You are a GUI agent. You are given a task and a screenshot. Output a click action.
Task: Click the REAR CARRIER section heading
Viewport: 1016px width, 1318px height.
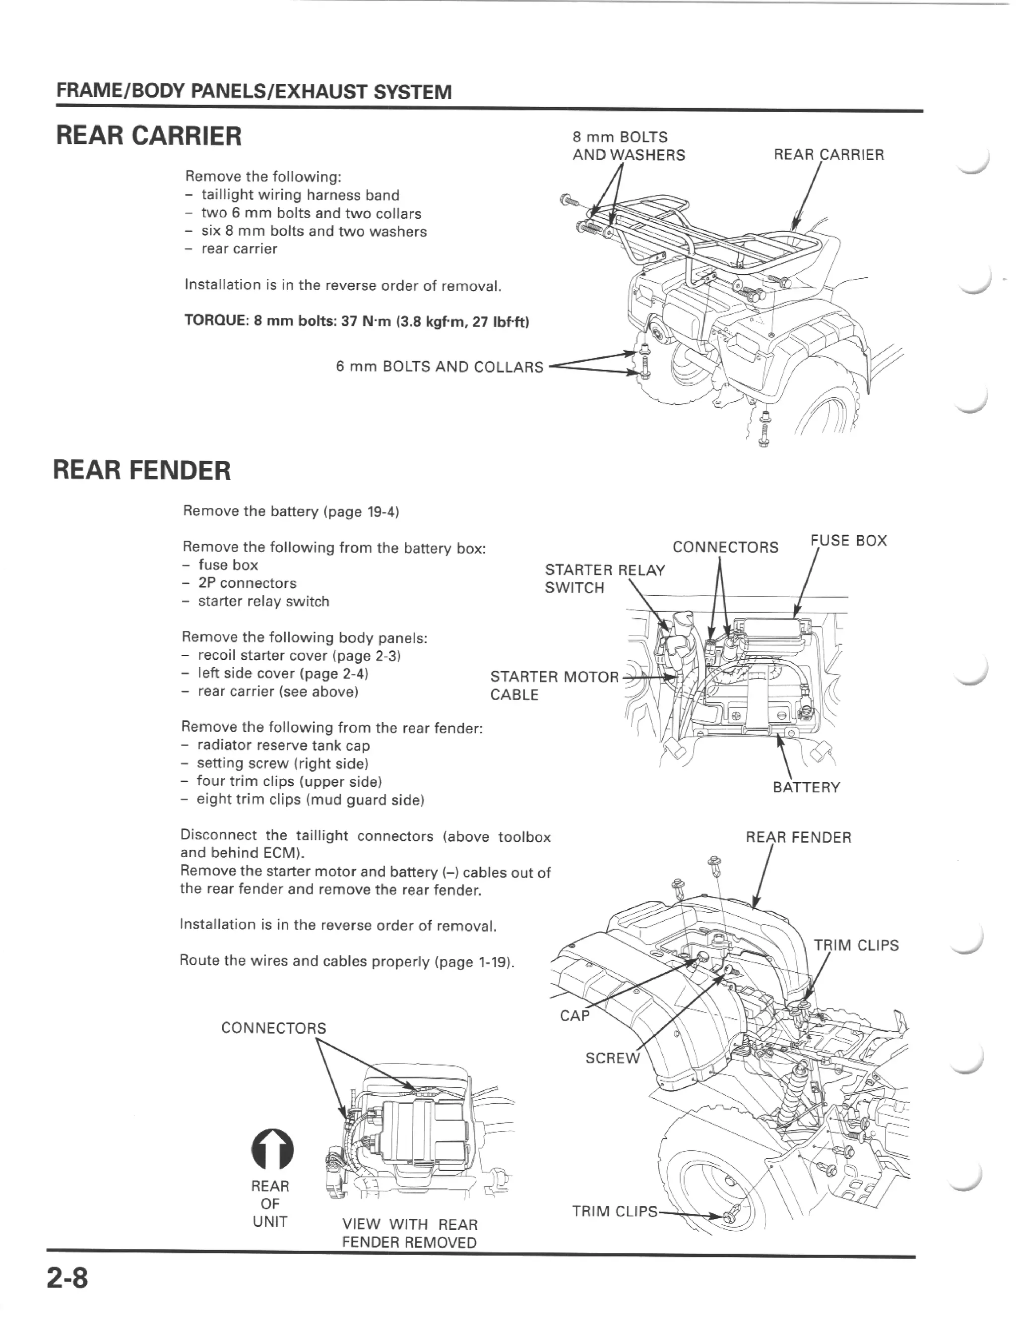tap(148, 136)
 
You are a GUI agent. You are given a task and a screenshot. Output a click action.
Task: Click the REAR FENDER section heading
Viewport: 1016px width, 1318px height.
tap(142, 470)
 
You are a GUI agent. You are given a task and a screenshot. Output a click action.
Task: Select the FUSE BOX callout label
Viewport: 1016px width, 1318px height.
tap(848, 540)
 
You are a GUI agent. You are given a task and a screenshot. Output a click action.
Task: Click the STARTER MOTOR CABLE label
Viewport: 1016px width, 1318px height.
tap(554, 686)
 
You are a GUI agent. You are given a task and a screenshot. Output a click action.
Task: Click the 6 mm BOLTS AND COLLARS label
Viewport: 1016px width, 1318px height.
tap(440, 367)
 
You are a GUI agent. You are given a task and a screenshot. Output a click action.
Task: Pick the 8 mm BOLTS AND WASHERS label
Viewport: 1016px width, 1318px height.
tap(628, 146)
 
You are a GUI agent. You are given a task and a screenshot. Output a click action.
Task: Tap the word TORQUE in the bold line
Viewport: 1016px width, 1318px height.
tap(215, 321)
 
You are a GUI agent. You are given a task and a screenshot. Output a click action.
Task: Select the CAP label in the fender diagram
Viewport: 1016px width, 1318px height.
tap(574, 1015)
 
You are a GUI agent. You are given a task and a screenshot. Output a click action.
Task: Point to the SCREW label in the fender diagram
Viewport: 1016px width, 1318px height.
tap(612, 1058)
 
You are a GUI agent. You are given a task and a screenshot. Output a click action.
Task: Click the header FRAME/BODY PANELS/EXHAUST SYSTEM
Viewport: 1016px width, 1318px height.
tap(254, 92)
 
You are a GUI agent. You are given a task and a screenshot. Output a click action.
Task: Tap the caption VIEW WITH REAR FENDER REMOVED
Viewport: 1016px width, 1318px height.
tap(409, 1233)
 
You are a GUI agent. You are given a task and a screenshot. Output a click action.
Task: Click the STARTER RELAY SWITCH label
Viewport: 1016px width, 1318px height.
tap(604, 579)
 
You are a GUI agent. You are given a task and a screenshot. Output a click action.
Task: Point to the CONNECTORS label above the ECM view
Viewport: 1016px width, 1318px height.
tap(273, 1028)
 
